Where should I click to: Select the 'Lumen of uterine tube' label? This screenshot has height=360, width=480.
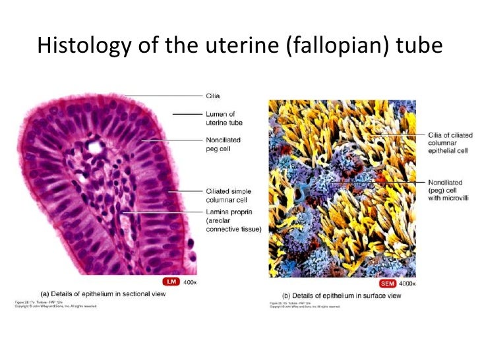pos(221,118)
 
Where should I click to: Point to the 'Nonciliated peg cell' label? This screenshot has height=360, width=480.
pos(224,144)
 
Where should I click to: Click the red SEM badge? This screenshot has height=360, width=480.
pos(365,283)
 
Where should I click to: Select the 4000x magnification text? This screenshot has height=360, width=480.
pos(389,283)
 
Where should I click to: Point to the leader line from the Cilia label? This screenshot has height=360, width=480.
pos(165,96)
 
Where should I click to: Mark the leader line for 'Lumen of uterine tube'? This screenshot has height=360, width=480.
pos(188,115)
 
